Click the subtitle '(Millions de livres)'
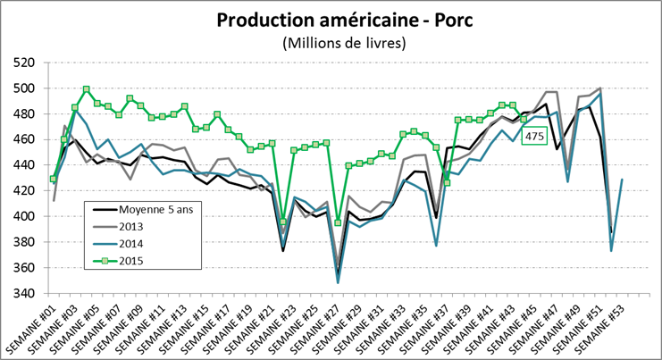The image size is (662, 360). (331, 42)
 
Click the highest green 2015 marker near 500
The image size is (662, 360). (86, 89)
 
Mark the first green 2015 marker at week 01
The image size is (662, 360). (54, 179)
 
